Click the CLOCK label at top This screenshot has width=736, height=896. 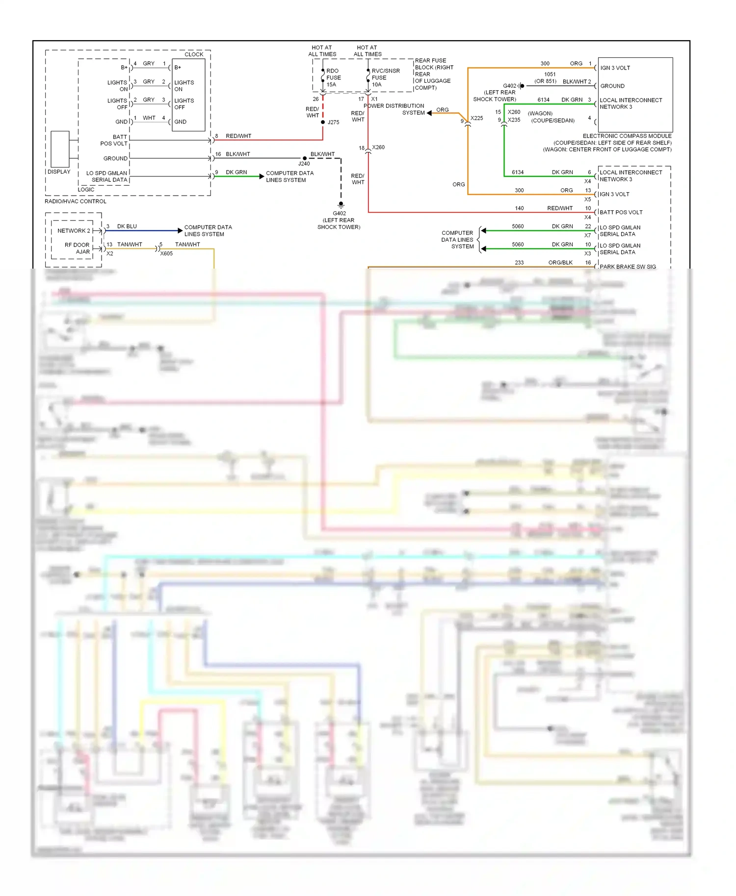pos(194,54)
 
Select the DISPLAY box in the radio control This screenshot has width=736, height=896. pos(60,149)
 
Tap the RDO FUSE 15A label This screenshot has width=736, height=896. pos(333,77)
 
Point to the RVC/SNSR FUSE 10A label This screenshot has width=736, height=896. pos(385,77)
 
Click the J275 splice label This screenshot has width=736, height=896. pos(334,122)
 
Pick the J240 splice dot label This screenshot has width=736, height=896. pos(304,164)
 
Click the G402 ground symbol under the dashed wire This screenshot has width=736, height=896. pos(341,204)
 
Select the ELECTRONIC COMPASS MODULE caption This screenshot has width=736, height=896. pos(627,136)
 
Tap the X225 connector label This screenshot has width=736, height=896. pos(476,118)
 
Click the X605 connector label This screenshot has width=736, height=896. pos(166,253)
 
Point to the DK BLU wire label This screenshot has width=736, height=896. pos(127,226)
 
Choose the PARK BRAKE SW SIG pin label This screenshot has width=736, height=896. pos(628,267)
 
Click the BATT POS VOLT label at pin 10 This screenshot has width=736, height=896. pos(621,212)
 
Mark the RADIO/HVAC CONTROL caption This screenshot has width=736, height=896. pos(76,201)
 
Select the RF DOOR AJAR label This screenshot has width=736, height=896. pos(77,248)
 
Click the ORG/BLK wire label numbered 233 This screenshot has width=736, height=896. pos(560,263)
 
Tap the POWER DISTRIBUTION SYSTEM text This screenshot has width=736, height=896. pos(394,109)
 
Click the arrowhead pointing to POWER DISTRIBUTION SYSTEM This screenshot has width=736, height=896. pos(429,113)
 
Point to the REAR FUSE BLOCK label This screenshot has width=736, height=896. pos(434,74)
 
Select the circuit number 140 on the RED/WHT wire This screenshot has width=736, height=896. pos(519,208)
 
